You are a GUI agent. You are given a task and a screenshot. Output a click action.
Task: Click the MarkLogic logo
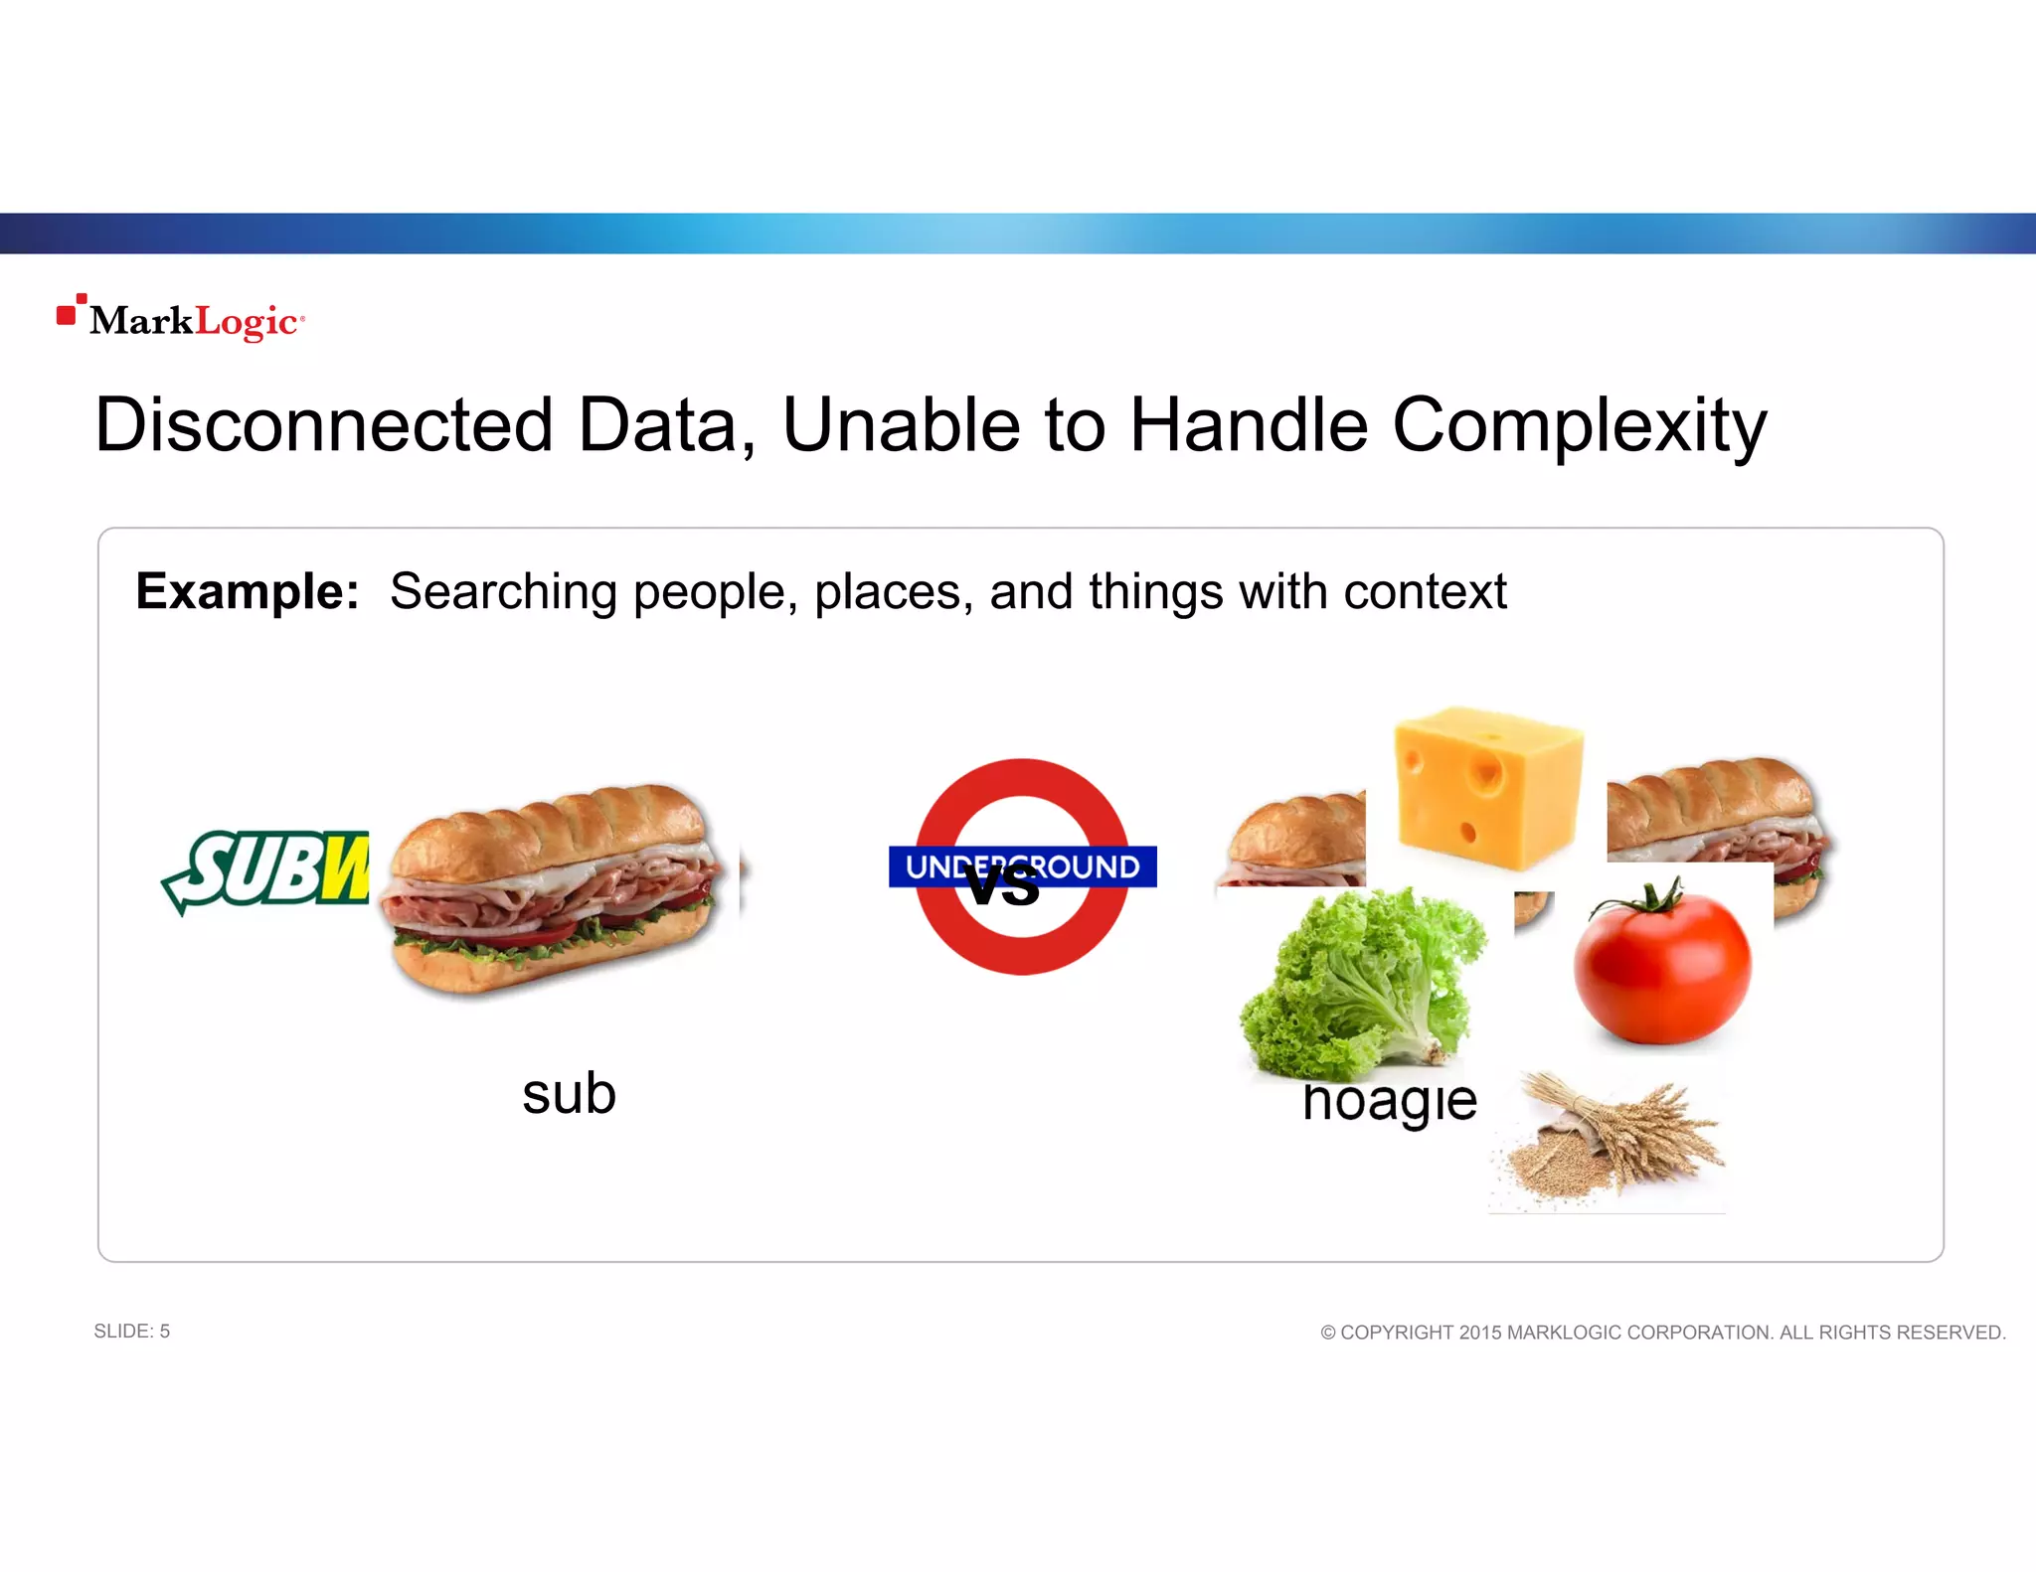click(x=181, y=319)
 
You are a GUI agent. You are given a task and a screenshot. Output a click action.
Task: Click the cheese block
click(x=1487, y=787)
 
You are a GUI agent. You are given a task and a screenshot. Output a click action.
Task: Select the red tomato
click(x=1662, y=966)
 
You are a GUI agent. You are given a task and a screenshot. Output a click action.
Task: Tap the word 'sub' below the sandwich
click(x=569, y=1094)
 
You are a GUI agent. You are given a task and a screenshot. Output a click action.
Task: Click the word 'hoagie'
click(x=1390, y=1101)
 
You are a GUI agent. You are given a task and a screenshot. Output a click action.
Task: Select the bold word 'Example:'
click(x=248, y=591)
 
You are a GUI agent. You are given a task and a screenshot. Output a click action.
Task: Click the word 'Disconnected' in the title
click(x=324, y=425)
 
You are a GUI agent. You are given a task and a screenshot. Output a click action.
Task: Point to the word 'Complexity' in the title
click(x=1579, y=425)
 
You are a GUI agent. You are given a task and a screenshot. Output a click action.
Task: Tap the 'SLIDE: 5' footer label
click(x=131, y=1332)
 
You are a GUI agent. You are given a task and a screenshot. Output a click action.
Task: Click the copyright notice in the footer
click(x=1662, y=1333)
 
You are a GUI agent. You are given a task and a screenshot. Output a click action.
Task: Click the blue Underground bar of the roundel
click(x=1094, y=866)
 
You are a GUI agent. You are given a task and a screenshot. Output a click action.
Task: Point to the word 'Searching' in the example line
click(x=503, y=591)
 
